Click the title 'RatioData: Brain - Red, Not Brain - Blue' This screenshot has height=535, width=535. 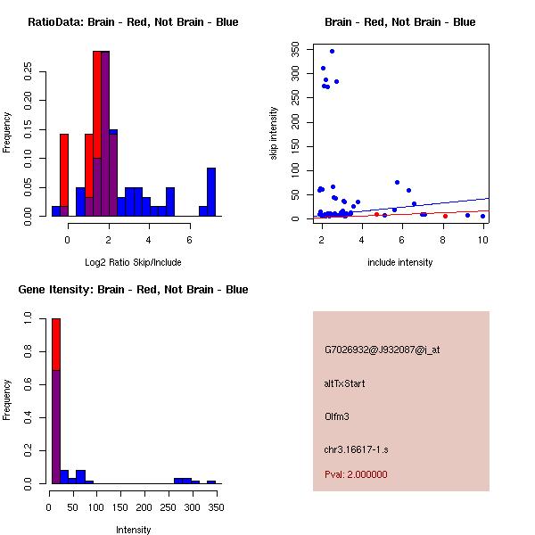point(133,22)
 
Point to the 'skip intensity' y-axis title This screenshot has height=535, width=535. point(274,134)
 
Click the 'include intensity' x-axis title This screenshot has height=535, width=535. point(400,262)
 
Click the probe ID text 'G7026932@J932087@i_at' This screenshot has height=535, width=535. point(383,350)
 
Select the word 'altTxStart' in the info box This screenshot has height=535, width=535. point(345,383)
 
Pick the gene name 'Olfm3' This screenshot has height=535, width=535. point(337,416)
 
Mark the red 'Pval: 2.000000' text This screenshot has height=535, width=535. point(356,474)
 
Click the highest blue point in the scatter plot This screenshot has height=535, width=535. point(332,51)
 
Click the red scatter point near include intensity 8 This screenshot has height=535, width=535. point(445,216)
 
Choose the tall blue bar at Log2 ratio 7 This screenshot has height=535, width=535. point(211,192)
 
